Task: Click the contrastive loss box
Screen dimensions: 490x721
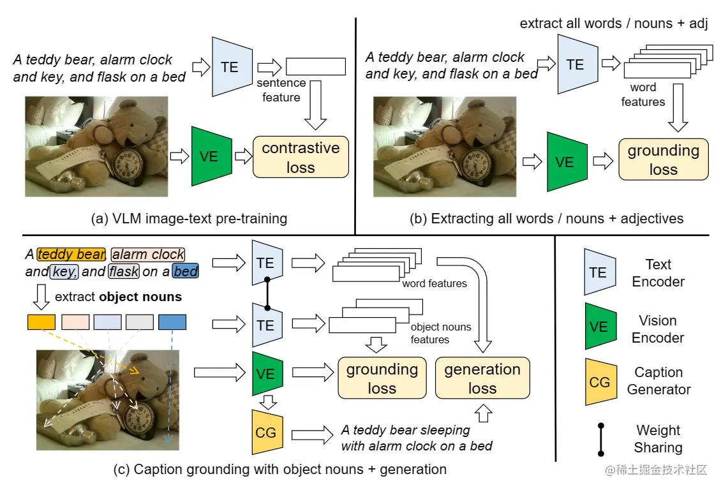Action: pyautogui.click(x=301, y=157)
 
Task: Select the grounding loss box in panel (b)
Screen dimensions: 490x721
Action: pyautogui.click(x=663, y=160)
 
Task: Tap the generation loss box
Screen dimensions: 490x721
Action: pyautogui.click(x=482, y=378)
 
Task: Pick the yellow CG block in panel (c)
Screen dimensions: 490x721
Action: pyautogui.click(x=265, y=433)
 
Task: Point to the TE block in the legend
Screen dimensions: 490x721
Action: pyautogui.click(x=599, y=272)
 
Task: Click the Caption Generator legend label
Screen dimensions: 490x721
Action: pyautogui.click(x=658, y=381)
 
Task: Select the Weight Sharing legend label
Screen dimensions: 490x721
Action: pyautogui.click(x=658, y=439)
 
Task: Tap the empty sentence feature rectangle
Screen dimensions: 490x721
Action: pyautogui.click(x=316, y=66)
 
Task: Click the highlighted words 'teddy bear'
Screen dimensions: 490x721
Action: pyautogui.click(x=71, y=255)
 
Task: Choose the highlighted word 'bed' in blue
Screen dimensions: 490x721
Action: pyautogui.click(x=186, y=272)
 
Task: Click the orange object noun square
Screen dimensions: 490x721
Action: pyautogui.click(x=41, y=322)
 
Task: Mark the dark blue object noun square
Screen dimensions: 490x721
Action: pyautogui.click(x=172, y=322)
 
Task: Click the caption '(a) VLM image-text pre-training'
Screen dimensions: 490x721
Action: pyautogui.click(x=190, y=219)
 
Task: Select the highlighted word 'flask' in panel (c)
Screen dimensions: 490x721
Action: pyautogui.click(x=123, y=272)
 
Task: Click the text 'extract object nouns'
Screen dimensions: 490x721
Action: pyautogui.click(x=118, y=297)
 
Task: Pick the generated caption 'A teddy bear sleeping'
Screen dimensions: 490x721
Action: pyautogui.click(x=405, y=429)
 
